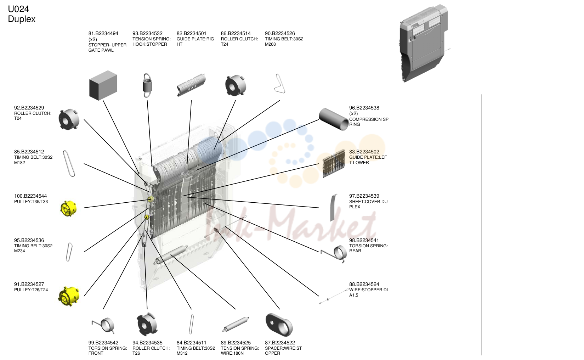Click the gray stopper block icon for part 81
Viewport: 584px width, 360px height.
[103, 85]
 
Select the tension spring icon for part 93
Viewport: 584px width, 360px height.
[147, 85]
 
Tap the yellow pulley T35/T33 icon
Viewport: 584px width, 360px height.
[68, 208]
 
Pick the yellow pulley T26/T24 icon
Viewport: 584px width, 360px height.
[69, 296]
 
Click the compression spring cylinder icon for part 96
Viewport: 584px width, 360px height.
[334, 119]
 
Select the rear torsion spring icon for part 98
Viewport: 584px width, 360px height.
[334, 254]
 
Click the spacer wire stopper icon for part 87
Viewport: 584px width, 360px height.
[279, 325]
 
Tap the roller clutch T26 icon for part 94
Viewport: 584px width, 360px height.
[147, 325]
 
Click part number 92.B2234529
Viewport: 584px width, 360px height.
[29, 108]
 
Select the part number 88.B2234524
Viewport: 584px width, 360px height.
[364, 284]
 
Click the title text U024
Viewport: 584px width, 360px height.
[18, 9]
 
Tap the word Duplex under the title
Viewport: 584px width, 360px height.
[22, 19]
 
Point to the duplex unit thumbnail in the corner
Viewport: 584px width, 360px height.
[424, 43]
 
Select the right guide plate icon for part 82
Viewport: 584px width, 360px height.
[191, 85]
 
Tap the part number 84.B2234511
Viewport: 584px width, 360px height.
[191, 343]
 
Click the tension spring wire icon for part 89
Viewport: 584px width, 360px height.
[236, 324]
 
